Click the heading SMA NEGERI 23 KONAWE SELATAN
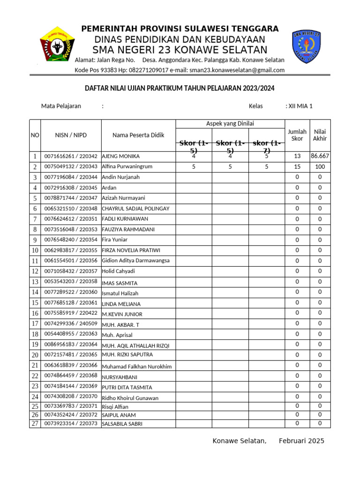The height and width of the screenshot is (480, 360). tap(180, 50)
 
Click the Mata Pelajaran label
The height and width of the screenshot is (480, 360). tap(61, 106)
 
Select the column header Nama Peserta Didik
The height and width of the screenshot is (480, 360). tap(138, 135)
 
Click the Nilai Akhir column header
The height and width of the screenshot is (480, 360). tap(320, 135)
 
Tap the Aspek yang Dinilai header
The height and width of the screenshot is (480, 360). tap(230, 124)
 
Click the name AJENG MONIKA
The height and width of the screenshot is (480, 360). tap(120, 156)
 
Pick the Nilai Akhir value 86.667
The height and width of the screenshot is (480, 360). tap(320, 156)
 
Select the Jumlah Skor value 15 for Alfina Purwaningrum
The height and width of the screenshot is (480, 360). tap(297, 166)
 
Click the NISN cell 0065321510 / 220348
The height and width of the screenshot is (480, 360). tap(71, 209)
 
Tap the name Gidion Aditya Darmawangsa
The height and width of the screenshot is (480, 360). tap(135, 261)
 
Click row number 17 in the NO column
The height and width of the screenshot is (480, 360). tap(35, 324)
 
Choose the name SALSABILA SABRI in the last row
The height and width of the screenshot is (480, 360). tap(122, 424)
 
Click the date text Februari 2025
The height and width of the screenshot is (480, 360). tap(301, 441)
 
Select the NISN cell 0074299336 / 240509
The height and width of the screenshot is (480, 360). tap(71, 323)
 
